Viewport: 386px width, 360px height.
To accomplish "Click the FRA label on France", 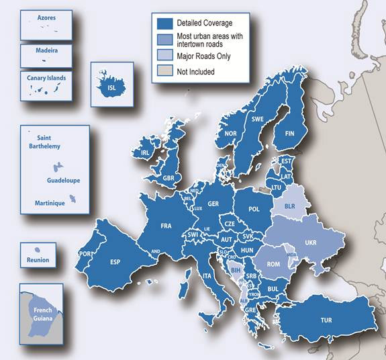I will coord(166,226).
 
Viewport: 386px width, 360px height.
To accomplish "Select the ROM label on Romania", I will coord(274,265).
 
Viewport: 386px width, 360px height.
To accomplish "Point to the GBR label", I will coord(168,178).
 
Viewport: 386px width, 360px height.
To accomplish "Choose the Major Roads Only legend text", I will coord(203,56).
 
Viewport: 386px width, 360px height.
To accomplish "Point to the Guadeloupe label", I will coord(62,181).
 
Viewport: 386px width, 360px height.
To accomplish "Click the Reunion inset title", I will coord(38,260).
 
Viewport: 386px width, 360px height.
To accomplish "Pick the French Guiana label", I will coord(45,314).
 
